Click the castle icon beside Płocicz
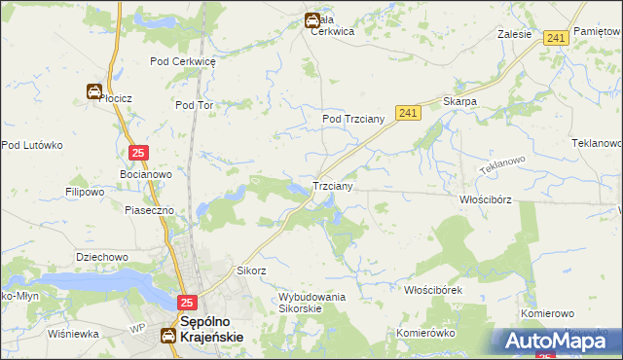(x=94, y=92)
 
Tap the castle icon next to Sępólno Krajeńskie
(x=168, y=336)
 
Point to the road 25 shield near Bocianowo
(x=138, y=153)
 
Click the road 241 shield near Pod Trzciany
(x=408, y=114)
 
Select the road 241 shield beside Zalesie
(x=556, y=37)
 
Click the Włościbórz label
(x=485, y=198)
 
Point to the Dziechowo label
(x=102, y=257)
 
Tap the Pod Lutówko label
(x=31, y=145)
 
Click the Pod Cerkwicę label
(x=182, y=60)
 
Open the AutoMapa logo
(x=561, y=341)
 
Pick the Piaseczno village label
(x=149, y=210)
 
